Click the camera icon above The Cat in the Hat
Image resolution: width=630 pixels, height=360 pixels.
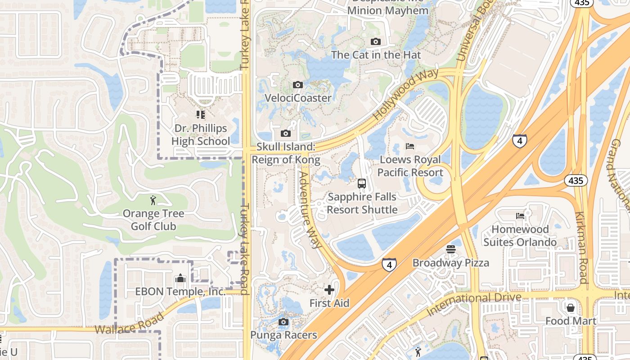(375, 42)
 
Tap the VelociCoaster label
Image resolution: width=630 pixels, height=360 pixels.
(298, 98)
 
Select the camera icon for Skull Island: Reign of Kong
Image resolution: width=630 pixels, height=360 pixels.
(285, 133)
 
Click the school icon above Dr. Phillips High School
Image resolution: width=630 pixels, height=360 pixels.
(200, 115)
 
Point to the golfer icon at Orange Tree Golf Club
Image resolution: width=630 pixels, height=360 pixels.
(153, 200)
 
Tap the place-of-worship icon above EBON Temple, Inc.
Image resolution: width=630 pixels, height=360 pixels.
(180, 278)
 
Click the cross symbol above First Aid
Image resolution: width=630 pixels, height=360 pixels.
(329, 290)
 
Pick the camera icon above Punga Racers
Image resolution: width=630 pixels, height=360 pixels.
(283, 322)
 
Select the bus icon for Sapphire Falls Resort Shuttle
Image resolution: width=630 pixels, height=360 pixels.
(362, 184)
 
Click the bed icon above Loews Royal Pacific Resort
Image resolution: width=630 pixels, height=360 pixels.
(410, 146)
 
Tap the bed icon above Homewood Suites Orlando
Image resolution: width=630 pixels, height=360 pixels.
(520, 216)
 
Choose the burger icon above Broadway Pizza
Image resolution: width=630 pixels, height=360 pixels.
(451, 249)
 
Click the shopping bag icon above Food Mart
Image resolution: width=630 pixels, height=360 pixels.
(571, 308)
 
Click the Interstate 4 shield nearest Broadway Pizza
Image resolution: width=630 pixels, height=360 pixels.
(389, 264)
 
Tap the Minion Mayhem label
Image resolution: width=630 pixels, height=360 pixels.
(388, 11)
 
